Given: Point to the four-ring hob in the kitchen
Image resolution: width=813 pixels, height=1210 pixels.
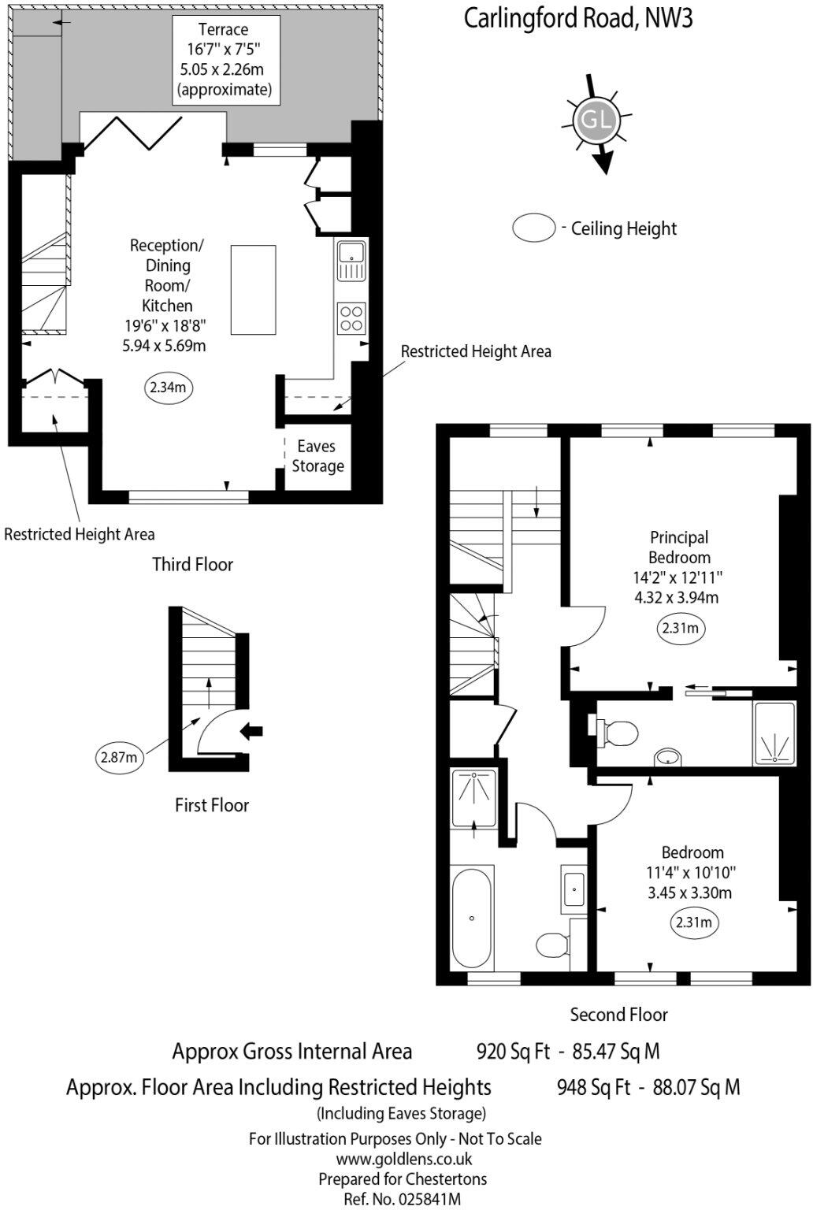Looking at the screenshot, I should [x=351, y=317].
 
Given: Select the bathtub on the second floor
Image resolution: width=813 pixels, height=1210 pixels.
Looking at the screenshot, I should [x=473, y=917].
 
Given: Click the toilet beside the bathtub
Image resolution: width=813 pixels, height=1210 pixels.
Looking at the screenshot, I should [x=554, y=944].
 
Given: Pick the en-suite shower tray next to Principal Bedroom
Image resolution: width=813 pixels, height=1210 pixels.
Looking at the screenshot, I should [x=775, y=733].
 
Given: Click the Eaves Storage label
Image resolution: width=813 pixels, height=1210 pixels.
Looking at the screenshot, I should [x=317, y=456].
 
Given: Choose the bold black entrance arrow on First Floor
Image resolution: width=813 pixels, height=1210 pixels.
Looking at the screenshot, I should [x=251, y=731].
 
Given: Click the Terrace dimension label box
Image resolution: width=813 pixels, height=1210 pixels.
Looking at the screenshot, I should [x=223, y=60].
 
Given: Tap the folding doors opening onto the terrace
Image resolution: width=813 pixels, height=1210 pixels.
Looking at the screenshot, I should [x=134, y=132].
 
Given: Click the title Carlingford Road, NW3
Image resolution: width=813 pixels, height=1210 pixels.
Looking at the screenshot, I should [x=577, y=18].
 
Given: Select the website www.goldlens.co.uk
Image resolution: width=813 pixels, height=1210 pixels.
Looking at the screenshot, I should [x=403, y=1159].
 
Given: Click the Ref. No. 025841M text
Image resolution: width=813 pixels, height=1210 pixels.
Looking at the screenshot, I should [x=403, y=1200].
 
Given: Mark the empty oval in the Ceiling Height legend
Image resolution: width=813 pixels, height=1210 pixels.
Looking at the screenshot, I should [x=535, y=228].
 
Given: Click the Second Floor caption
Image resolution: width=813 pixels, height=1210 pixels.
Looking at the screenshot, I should [x=618, y=1015].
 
